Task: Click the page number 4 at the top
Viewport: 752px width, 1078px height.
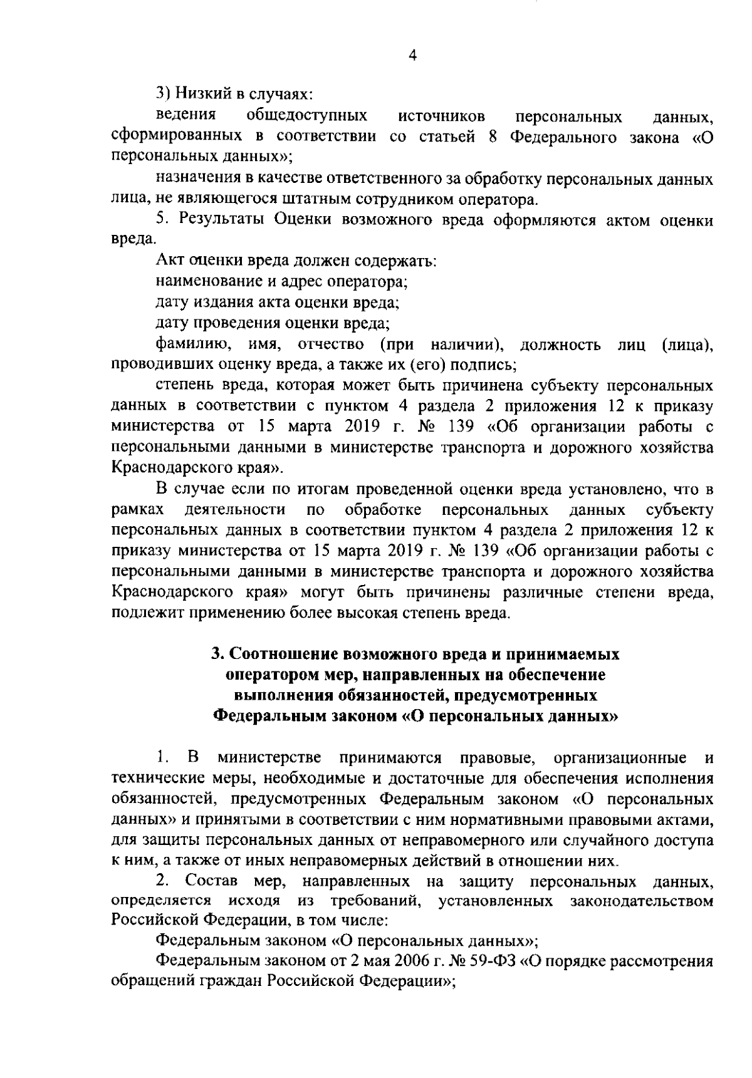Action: (412, 56)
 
